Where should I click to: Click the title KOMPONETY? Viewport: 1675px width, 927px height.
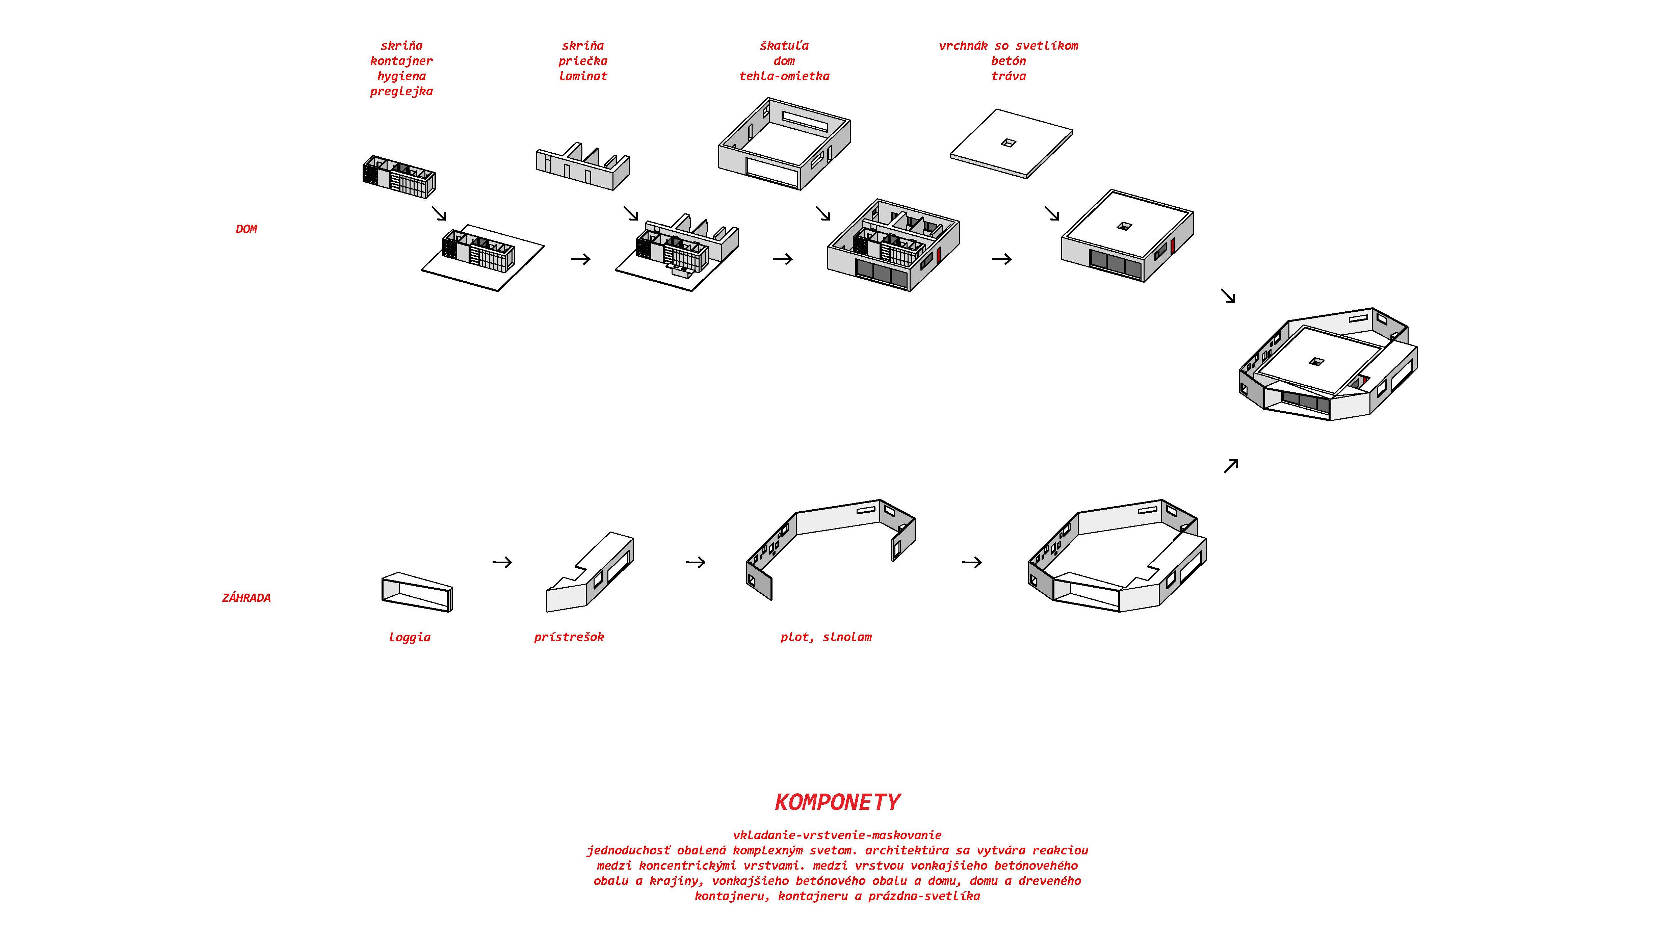837,802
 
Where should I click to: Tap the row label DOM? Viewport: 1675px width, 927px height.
246,229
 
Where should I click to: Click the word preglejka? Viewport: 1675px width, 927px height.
401,91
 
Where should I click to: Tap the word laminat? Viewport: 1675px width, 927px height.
583,76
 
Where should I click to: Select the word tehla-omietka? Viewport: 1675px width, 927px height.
784,76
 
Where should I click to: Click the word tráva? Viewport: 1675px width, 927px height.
1009,76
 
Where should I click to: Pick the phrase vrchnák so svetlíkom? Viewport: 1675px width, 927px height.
1009,46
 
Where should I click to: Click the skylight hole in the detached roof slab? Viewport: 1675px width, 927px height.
1008,143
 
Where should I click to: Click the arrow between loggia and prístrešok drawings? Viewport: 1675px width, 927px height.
502,562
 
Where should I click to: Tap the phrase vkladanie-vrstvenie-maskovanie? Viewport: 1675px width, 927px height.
837,834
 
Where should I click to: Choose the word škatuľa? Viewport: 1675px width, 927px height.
784,46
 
